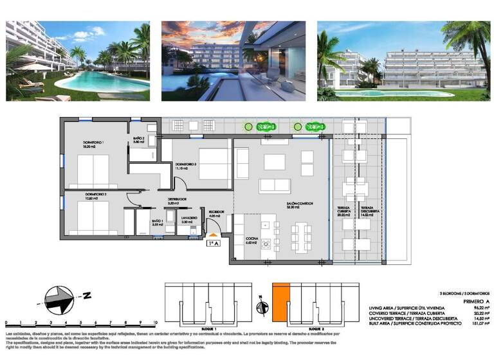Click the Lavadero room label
click(188, 217)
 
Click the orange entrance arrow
click(214, 236)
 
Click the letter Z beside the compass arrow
click(86, 296)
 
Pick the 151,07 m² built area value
click(477, 323)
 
